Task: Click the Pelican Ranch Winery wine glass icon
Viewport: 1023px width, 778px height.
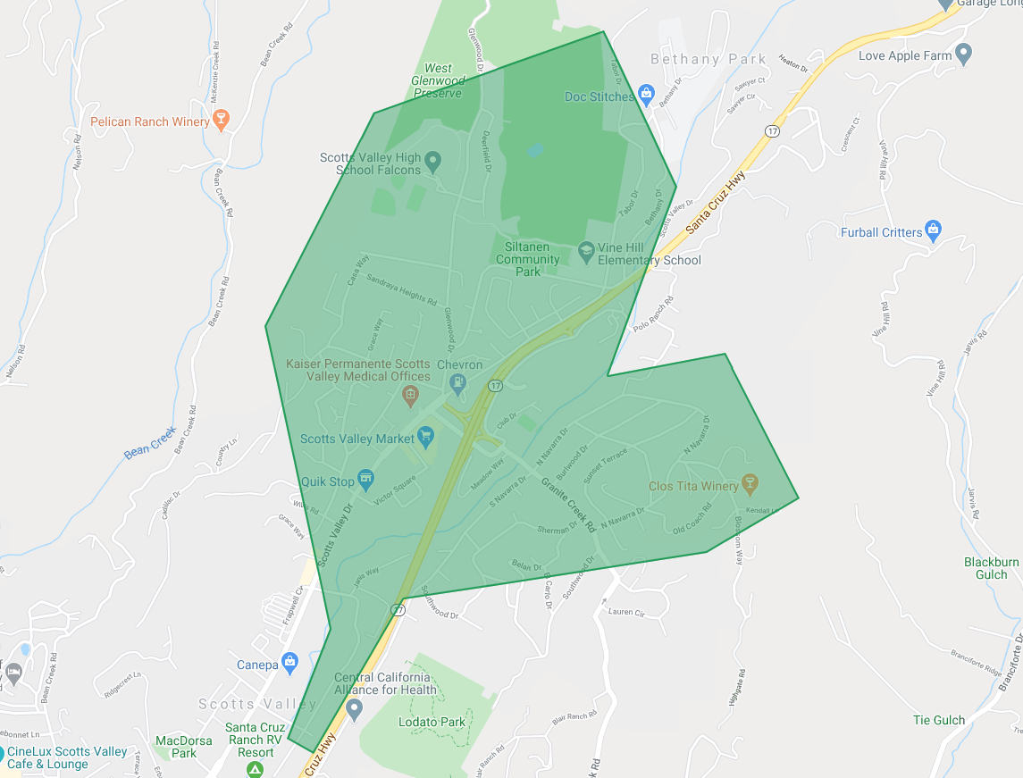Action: pyautogui.click(x=222, y=121)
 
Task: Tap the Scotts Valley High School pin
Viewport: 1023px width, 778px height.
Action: pyautogui.click(x=433, y=163)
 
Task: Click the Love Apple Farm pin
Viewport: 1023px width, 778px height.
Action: pyautogui.click(x=963, y=54)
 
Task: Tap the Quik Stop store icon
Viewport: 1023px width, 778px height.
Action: pyautogui.click(x=365, y=480)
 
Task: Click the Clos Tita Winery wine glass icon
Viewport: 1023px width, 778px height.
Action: pyautogui.click(x=750, y=485)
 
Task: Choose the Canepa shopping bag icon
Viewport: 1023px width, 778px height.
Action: pyautogui.click(x=289, y=664)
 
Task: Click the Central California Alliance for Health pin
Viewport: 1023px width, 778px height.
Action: pyautogui.click(x=354, y=710)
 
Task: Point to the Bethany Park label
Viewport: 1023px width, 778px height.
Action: pyautogui.click(x=709, y=60)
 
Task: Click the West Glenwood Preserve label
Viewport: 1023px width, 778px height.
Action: pyautogui.click(x=438, y=80)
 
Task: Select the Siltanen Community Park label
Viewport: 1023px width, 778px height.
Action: pyautogui.click(x=528, y=259)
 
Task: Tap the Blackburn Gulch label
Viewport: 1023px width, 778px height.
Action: pyautogui.click(x=991, y=568)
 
